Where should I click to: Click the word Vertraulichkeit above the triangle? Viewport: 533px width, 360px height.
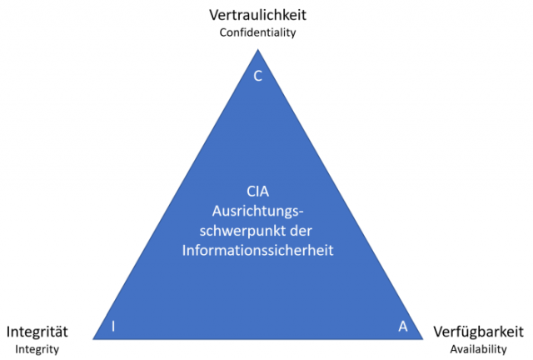257,15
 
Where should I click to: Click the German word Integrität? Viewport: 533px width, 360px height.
37,331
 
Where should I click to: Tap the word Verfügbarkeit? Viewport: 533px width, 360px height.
478,331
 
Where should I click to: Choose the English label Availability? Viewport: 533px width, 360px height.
478,348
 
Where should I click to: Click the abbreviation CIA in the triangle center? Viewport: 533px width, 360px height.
258,192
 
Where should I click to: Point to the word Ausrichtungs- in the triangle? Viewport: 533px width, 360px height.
258,211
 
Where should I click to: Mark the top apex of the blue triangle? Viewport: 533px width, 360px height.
257,49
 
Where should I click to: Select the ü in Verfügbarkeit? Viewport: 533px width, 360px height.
466,331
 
